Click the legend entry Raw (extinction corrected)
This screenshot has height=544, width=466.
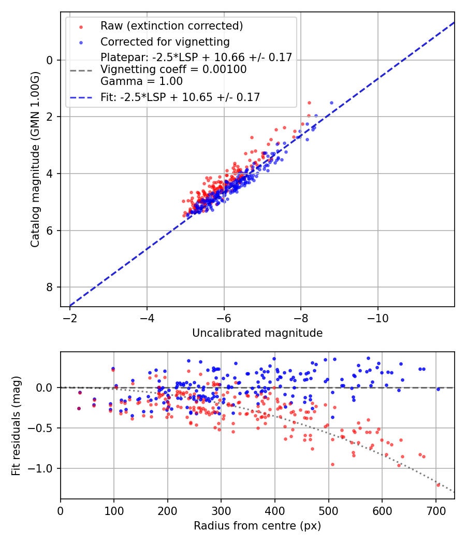(171, 26)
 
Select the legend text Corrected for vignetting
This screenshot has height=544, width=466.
(165, 41)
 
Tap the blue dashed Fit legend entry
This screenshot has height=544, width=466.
(180, 97)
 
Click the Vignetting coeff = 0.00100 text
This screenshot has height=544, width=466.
(173, 69)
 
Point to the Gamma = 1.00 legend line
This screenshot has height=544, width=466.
(141, 81)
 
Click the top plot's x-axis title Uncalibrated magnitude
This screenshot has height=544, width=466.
(257, 333)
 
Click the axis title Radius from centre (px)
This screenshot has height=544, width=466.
(257, 526)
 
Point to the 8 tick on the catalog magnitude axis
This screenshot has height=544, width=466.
(50, 287)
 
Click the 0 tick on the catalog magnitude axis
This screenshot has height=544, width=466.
(50, 60)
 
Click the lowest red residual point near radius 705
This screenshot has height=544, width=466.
(438, 485)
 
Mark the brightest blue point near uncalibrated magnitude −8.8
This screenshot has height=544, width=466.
(331, 103)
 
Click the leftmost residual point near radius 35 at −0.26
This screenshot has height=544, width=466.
(79, 408)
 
